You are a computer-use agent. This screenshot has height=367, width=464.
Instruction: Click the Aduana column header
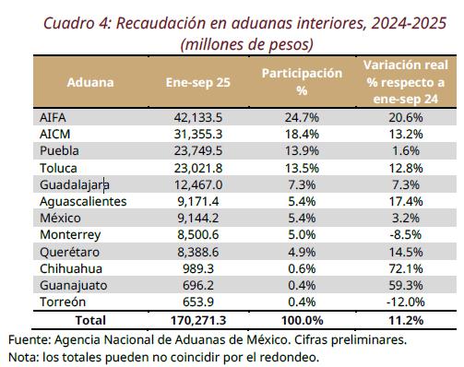[90, 82]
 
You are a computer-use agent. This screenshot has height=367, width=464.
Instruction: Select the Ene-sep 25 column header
[198, 82]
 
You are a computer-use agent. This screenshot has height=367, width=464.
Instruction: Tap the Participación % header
[302, 82]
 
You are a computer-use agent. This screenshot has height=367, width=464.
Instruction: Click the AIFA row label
[53, 117]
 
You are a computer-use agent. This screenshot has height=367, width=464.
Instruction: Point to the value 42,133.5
[198, 117]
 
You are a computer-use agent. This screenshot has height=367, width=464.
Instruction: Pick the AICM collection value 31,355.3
[198, 135]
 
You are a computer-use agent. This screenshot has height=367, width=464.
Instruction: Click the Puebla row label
[59, 151]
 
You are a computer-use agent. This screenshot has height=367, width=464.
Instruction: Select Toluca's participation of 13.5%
[302, 168]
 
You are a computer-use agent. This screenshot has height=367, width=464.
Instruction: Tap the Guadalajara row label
[75, 185]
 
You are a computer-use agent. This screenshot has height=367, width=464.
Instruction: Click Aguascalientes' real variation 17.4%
[406, 202]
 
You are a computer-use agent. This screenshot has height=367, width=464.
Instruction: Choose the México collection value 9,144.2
[198, 219]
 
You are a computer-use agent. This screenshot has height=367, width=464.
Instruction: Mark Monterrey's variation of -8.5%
[406, 235]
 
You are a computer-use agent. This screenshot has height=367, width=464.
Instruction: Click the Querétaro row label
[69, 252]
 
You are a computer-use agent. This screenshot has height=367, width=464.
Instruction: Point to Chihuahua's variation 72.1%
[406, 269]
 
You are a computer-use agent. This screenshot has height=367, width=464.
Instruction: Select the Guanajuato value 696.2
[198, 286]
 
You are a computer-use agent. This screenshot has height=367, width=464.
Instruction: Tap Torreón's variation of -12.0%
[406, 302]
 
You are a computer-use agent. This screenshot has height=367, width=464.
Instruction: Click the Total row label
[90, 320]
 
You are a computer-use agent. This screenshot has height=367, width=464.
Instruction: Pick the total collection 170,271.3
[198, 320]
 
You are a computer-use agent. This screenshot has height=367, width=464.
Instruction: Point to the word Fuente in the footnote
[30, 340]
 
